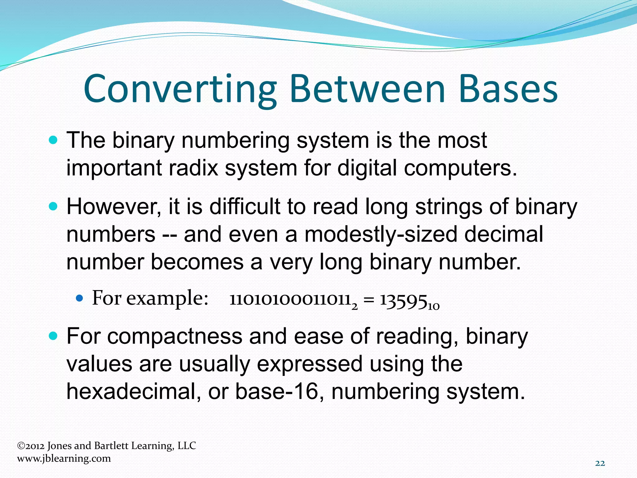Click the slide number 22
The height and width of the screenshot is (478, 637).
[x=600, y=463]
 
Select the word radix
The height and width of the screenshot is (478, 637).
[x=193, y=168]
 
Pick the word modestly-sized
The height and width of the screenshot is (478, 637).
[x=381, y=234]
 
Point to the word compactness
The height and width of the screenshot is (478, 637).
[x=175, y=336]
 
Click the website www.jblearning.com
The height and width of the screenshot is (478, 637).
[x=64, y=458]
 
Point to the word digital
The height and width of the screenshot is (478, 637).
[x=367, y=168]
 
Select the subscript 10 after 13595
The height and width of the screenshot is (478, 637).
[x=434, y=306]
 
